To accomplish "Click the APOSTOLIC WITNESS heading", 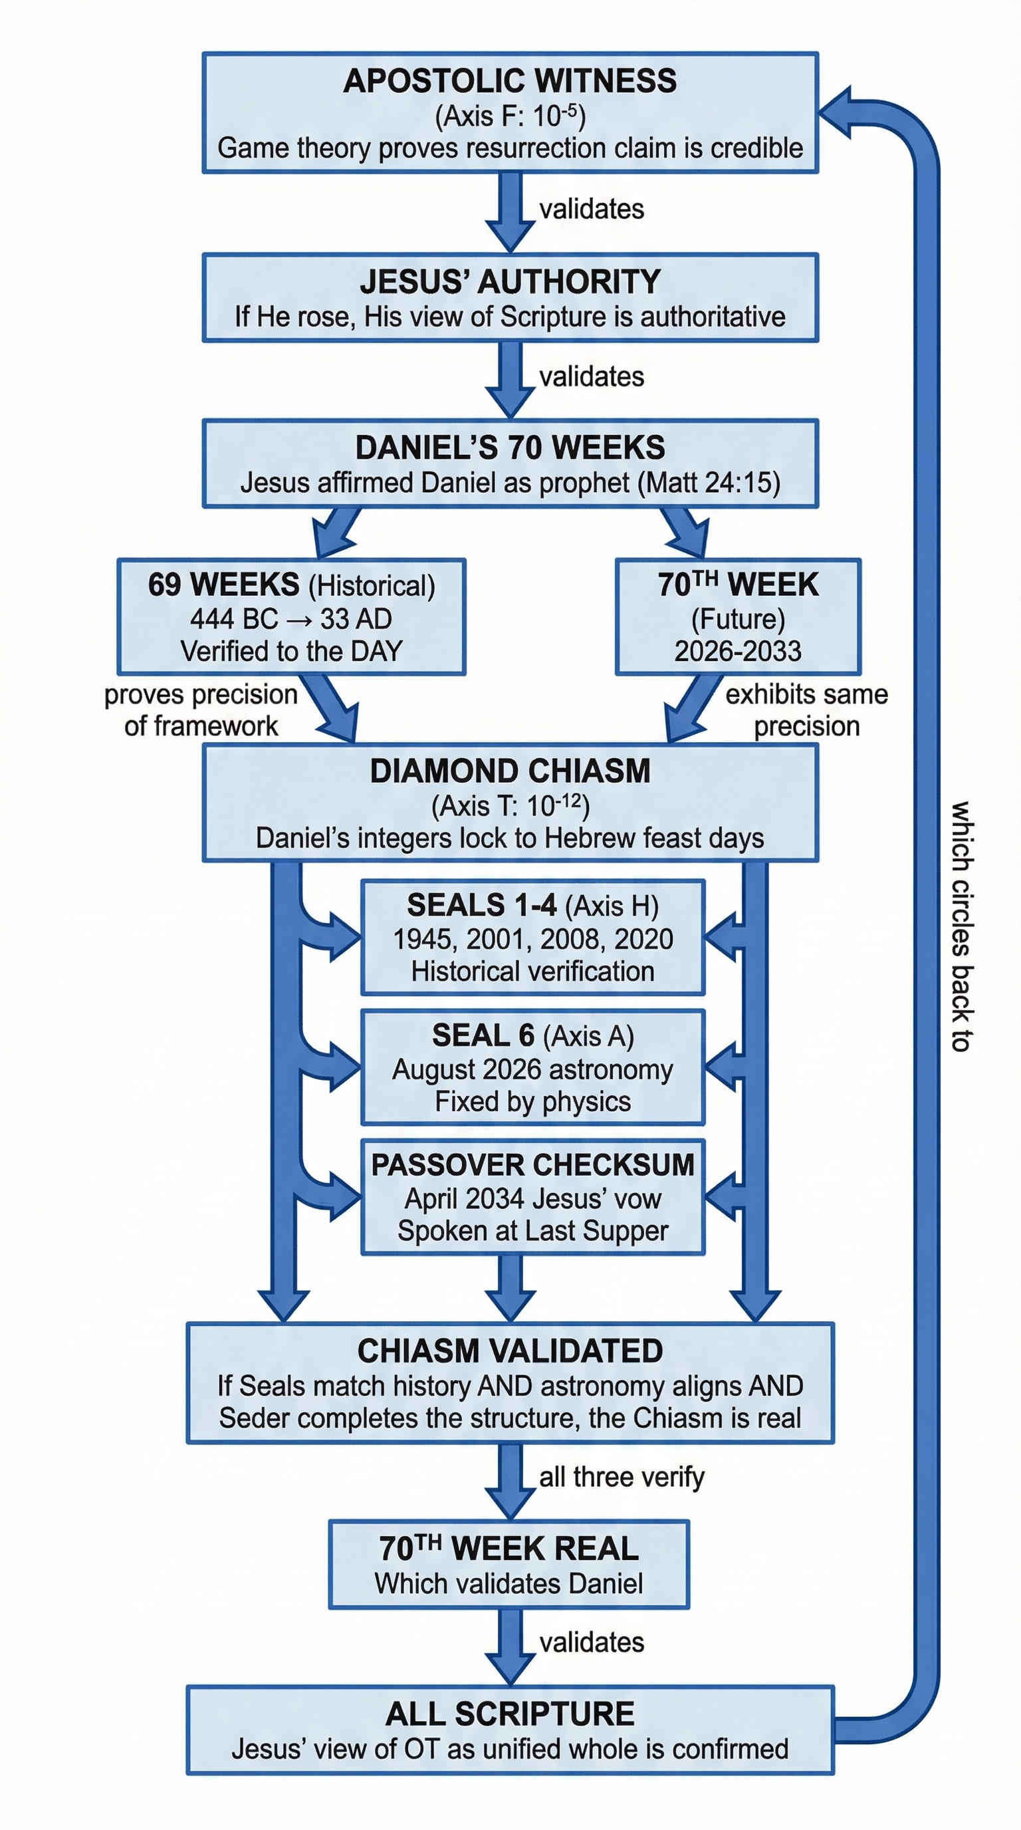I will click(x=510, y=81).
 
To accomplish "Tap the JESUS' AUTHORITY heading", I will click(x=510, y=282).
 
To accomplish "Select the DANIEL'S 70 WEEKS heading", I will click(x=510, y=448).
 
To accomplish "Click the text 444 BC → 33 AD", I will click(x=290, y=619).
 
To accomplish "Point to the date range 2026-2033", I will click(x=738, y=651).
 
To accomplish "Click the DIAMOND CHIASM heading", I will click(x=510, y=771).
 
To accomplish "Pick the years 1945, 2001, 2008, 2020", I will click(x=532, y=939).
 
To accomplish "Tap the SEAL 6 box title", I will click(x=483, y=1036).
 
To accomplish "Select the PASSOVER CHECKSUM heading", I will click(x=532, y=1165).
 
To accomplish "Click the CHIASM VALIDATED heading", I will click(x=510, y=1351).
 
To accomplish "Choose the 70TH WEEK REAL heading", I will click(x=509, y=1549).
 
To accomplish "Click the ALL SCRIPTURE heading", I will click(x=510, y=1714).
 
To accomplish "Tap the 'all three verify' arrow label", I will click(x=622, y=1477).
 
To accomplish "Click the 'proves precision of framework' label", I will click(x=201, y=710).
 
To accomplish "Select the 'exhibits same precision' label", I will click(x=806, y=710).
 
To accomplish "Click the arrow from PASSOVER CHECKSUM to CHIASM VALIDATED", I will click(x=510, y=1287).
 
